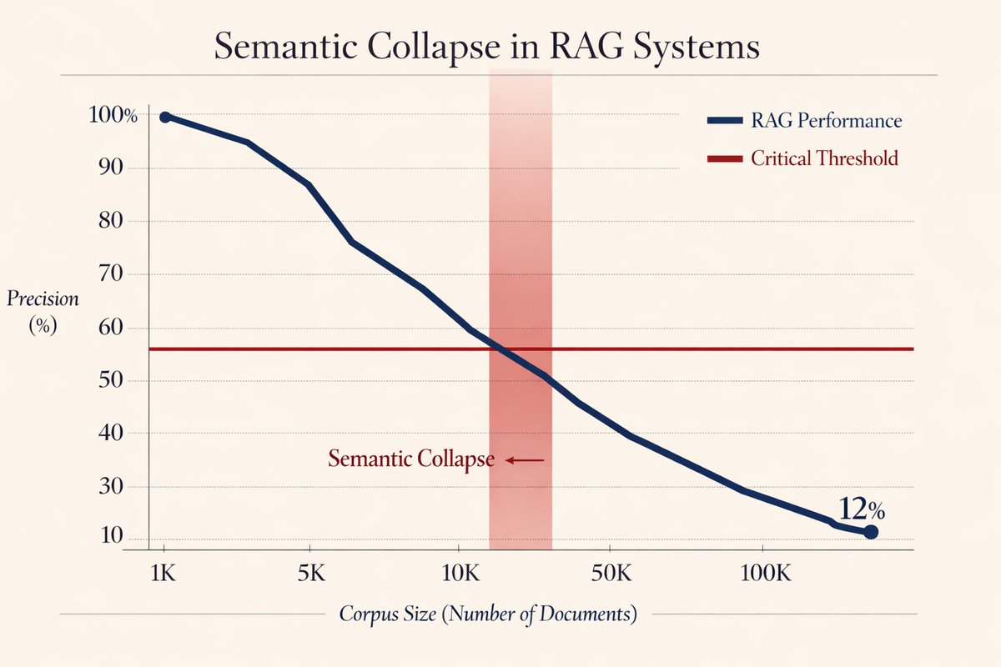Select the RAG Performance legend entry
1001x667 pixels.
click(804, 121)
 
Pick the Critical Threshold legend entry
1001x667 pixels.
click(802, 158)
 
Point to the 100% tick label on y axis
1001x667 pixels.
click(113, 115)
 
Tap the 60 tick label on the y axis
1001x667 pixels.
click(110, 328)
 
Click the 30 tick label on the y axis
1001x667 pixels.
click(110, 486)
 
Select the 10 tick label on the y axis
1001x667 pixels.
click(111, 535)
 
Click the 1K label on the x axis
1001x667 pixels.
click(163, 573)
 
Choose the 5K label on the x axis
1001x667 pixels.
click(311, 573)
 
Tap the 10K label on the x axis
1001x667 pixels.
click(460, 573)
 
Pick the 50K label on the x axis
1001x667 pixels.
click(611, 573)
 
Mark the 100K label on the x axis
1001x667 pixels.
click(766, 573)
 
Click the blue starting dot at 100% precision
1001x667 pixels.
click(165, 117)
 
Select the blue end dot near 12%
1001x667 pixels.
click(871, 532)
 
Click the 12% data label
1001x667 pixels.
click(861, 509)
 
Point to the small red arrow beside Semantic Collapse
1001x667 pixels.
click(525, 459)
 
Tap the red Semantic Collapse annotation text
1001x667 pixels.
click(411, 459)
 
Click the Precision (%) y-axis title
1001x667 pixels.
click(43, 311)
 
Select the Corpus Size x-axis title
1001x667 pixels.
click(488, 614)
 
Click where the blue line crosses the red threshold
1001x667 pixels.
click(497, 349)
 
